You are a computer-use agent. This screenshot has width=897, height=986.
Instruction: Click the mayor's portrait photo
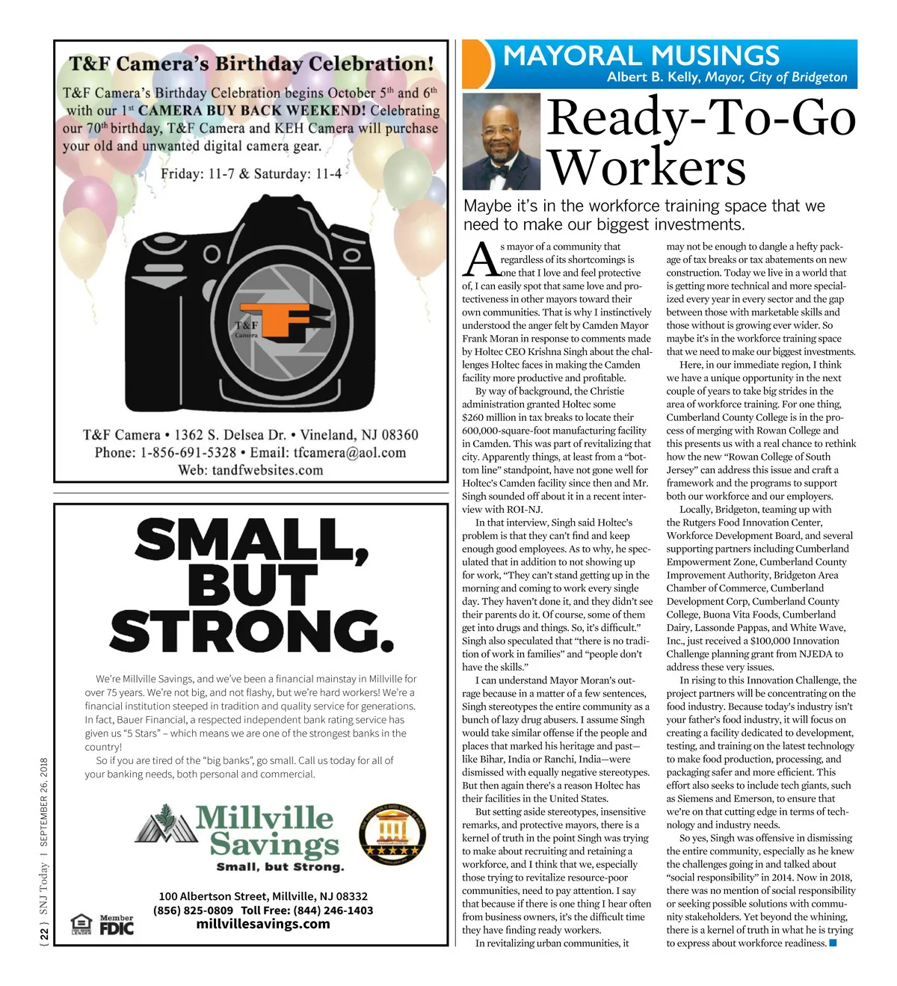pyautogui.click(x=501, y=141)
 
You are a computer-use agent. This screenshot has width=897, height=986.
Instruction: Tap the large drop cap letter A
pyautogui.click(x=481, y=260)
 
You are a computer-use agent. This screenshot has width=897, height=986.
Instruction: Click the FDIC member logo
pyautogui.click(x=117, y=925)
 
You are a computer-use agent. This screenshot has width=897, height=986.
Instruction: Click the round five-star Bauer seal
pyautogui.click(x=392, y=834)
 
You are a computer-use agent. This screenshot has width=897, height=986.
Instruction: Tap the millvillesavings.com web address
pyautogui.click(x=262, y=924)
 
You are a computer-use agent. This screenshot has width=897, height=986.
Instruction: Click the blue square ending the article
pyautogui.click(x=833, y=943)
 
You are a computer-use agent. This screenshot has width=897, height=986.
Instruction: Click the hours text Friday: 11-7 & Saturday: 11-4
pyautogui.click(x=251, y=174)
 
